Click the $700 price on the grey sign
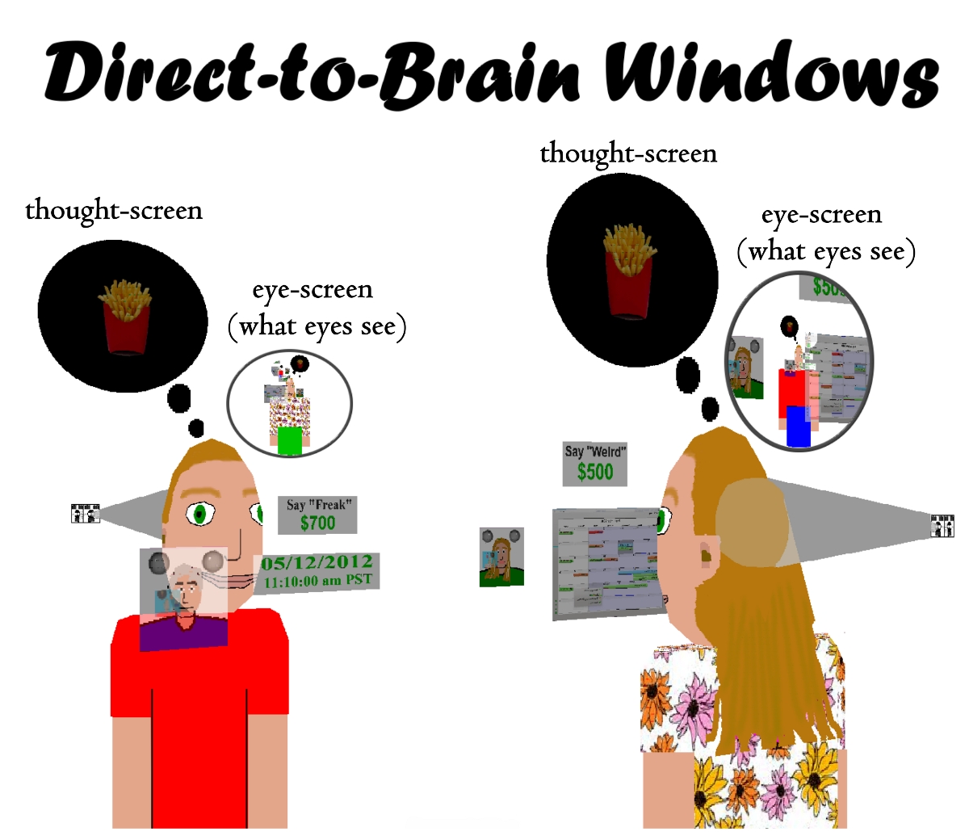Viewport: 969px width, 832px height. [x=317, y=523]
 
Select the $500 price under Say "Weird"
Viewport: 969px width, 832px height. [x=595, y=472]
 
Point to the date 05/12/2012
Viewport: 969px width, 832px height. [x=317, y=562]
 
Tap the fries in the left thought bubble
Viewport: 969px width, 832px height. [x=124, y=315]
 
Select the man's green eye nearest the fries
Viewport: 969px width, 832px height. [x=199, y=513]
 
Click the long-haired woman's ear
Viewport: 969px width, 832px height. [x=707, y=556]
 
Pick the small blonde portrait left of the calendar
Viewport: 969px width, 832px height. [x=501, y=557]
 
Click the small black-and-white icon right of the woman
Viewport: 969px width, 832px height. [x=942, y=526]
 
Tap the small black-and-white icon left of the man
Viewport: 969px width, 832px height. [x=85, y=513]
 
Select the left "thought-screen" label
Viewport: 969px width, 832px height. [x=114, y=210]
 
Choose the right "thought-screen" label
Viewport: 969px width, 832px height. [x=628, y=153]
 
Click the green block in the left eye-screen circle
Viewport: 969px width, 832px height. [x=289, y=441]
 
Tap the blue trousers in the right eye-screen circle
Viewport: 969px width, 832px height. [x=798, y=427]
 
